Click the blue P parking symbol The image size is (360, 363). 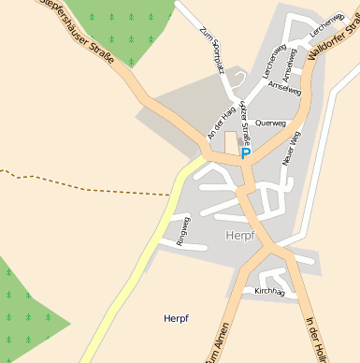(x=246, y=153)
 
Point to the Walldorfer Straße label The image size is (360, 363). (x=333, y=40)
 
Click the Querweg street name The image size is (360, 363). (x=270, y=123)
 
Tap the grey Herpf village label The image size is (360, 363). (x=240, y=236)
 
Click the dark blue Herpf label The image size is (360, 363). (x=176, y=318)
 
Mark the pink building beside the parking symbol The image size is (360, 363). (x=231, y=142)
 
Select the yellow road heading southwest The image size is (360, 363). (x=140, y=262)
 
